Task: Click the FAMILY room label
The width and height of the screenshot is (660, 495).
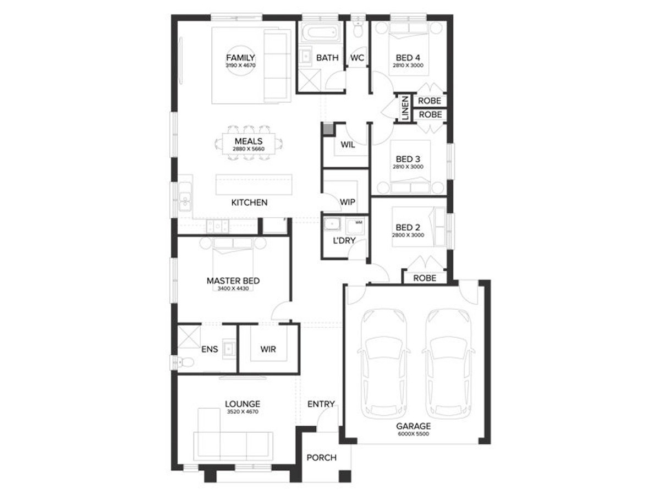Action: click(240, 57)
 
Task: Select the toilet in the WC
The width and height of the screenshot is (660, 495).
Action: click(358, 29)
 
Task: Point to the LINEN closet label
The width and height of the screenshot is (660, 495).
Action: click(405, 108)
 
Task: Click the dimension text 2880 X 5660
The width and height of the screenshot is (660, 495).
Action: click(249, 148)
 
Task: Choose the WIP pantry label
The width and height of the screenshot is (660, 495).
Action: click(347, 202)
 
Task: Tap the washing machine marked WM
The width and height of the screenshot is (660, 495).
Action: click(354, 226)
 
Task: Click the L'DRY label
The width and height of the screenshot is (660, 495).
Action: click(344, 240)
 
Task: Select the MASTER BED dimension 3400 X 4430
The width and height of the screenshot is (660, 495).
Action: click(233, 289)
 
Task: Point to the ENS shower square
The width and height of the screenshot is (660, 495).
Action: click(189, 337)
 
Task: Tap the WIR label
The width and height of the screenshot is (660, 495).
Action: click(268, 349)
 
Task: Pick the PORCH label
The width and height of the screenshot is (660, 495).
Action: click(321, 458)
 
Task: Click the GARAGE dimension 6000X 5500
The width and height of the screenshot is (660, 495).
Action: click(414, 434)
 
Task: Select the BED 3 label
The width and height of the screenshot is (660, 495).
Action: click(408, 159)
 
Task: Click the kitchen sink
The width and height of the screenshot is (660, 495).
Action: click(185, 197)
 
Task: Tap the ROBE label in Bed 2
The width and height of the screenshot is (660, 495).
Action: click(425, 278)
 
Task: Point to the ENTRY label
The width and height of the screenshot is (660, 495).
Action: click(321, 404)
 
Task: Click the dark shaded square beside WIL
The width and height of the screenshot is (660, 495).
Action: click(328, 128)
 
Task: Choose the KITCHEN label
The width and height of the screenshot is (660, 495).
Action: click(249, 202)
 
